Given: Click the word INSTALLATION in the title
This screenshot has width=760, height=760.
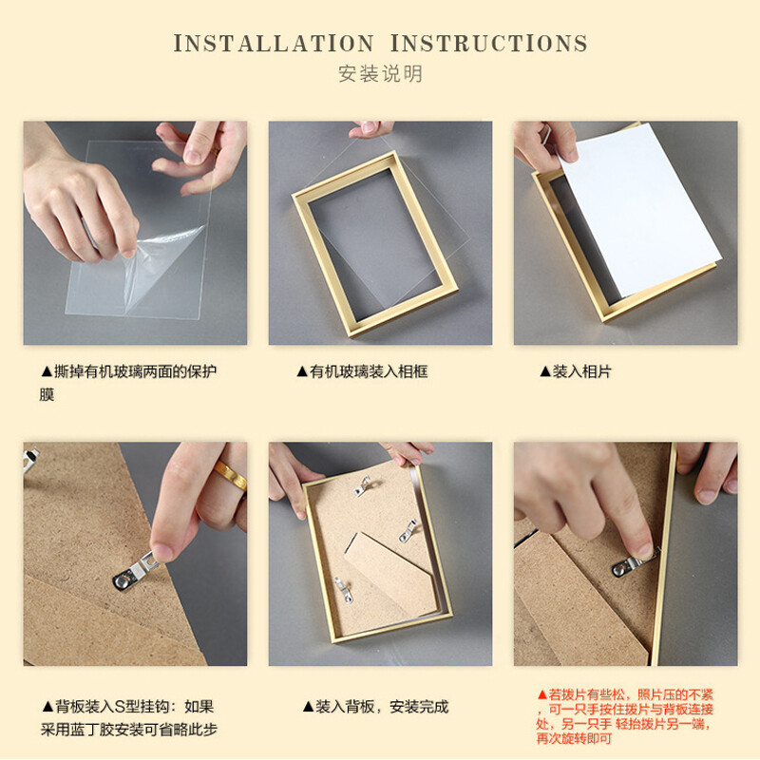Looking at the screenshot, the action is [x=274, y=43].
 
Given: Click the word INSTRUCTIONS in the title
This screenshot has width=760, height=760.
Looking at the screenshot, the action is [x=488, y=43].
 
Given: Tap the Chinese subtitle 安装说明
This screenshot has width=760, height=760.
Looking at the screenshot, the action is [x=380, y=74].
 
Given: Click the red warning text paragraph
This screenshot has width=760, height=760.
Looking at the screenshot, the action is [x=625, y=716].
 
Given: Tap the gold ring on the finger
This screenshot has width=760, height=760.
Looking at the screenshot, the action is [x=231, y=475].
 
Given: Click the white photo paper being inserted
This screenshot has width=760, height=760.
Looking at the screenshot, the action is [x=638, y=208].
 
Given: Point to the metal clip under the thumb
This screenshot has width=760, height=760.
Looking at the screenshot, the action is [x=136, y=572].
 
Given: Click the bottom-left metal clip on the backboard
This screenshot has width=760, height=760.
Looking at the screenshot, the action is [x=344, y=589].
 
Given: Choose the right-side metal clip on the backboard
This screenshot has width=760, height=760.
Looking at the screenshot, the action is [x=408, y=530].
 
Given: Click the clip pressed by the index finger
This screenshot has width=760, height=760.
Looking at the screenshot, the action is [x=629, y=565].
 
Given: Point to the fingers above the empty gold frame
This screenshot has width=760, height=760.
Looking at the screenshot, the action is [x=370, y=129].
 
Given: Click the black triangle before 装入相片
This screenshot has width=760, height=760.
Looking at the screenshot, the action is [x=544, y=371].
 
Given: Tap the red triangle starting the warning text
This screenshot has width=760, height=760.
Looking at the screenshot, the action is [x=541, y=694].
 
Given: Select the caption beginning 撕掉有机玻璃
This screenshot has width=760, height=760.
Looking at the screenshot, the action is [x=128, y=383].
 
